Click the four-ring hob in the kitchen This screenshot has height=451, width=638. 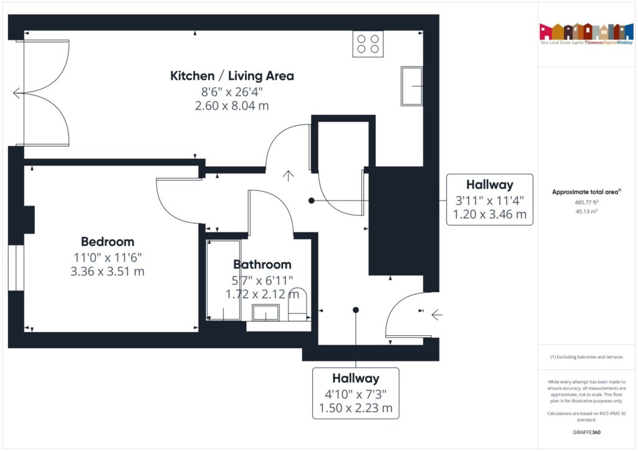tap(368, 44)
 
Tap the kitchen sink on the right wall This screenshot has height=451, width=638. tap(412, 85)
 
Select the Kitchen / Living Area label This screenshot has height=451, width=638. tap(232, 76)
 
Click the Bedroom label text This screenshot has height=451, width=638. tap(107, 242)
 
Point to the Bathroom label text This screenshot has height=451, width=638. tap(262, 264)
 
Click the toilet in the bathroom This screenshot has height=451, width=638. tap(298, 304)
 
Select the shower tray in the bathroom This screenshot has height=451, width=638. tap(223, 279)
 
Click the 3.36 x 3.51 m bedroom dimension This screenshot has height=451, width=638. tap(107, 272)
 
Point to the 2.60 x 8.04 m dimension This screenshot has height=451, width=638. tap(232, 106)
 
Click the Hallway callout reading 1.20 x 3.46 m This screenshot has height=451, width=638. tap(490, 200)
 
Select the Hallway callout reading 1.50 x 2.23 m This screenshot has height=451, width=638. tap(355, 393)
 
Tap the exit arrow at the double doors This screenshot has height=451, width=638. tap(16, 93)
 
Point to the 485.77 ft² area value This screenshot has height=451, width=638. tap(586, 202)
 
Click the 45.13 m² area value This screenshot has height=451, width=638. tap(586, 211)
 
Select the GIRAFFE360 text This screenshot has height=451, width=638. tap(586, 432)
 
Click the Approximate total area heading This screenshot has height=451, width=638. tap(586, 192)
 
